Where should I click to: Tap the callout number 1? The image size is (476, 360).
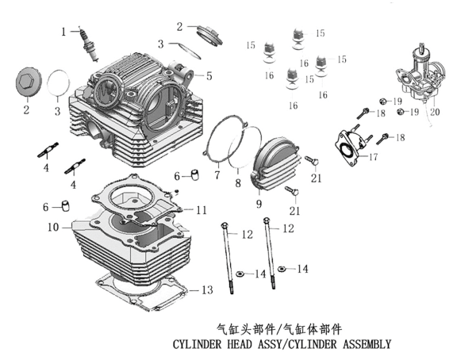tap(64, 32)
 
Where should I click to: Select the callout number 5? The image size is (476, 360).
tap(209, 77)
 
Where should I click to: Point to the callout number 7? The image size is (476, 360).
tap(216, 175)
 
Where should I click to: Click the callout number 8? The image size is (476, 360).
tap(236, 184)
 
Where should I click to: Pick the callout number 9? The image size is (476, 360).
tap(259, 204)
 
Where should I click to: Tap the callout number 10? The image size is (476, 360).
tap(53, 228)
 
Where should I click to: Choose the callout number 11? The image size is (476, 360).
tap(202, 210)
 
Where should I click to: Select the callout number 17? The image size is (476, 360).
tap(373, 157)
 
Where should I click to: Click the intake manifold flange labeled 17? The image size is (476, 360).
tap(348, 146)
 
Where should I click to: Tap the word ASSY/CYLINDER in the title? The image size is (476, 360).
tap(306, 345)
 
